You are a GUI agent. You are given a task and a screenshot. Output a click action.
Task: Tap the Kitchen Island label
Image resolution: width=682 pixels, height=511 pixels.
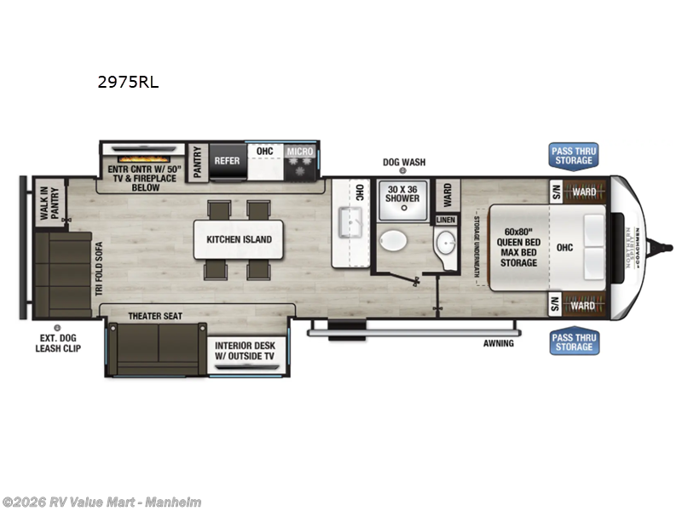[239, 239]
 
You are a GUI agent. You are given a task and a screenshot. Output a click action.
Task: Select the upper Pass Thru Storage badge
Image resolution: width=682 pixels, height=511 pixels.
[574, 155]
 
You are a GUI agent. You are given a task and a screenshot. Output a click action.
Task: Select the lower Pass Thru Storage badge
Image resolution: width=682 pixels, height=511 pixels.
[574, 342]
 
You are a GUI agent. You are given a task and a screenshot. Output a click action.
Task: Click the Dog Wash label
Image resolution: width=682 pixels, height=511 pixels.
[402, 162]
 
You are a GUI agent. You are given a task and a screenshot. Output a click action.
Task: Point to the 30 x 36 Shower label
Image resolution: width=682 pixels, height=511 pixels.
[403, 193]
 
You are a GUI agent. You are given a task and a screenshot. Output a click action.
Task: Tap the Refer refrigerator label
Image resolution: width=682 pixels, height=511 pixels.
[227, 160]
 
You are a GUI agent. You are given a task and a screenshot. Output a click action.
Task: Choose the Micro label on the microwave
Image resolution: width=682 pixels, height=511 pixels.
[300, 152]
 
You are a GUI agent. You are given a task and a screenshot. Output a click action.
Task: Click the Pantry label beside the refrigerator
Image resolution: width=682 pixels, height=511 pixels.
[197, 160]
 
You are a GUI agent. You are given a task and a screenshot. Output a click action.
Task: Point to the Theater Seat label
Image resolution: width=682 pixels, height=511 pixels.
[155, 316]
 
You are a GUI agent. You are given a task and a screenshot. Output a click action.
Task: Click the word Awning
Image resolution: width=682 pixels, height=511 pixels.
[499, 344]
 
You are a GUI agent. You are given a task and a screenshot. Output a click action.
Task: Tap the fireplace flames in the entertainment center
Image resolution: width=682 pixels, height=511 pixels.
[139, 158]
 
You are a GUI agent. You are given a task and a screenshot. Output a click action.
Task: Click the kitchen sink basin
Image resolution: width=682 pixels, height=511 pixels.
[350, 224]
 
